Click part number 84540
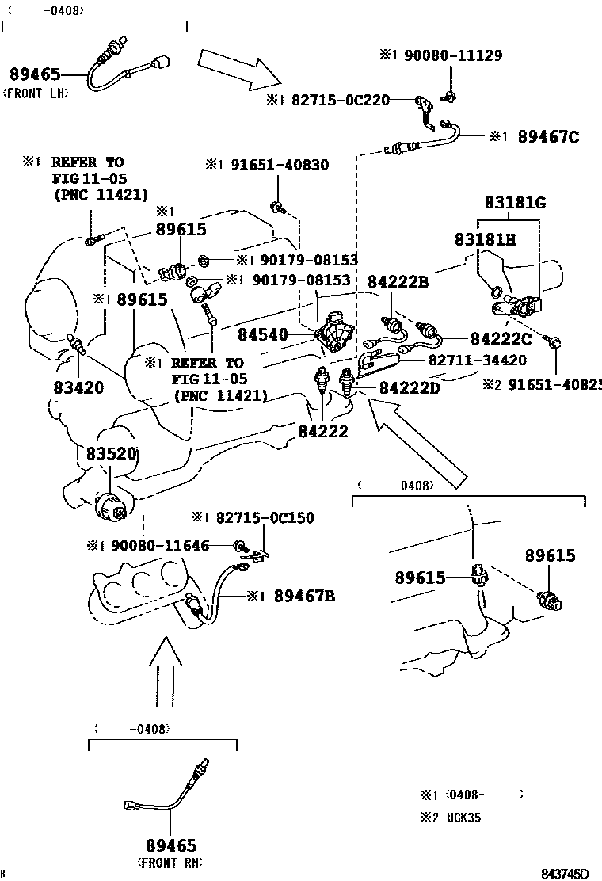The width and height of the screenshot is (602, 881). pyautogui.click(x=263, y=336)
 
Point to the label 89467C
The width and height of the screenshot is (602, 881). pyautogui.click(x=548, y=136)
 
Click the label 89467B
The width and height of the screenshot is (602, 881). pyautogui.click(x=304, y=596)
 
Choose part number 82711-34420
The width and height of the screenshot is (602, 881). pyautogui.click(x=478, y=360)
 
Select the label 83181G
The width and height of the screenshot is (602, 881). pyautogui.click(x=516, y=203)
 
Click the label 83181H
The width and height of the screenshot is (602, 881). pyautogui.click(x=485, y=238)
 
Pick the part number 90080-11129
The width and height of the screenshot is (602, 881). pyautogui.click(x=452, y=55)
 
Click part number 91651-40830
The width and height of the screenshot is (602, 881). pyautogui.click(x=280, y=165)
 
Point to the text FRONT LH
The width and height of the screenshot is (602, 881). pyautogui.click(x=36, y=93)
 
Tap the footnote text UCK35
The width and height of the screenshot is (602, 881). pyautogui.click(x=462, y=818)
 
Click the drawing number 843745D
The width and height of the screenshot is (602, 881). pyautogui.click(x=566, y=874)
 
